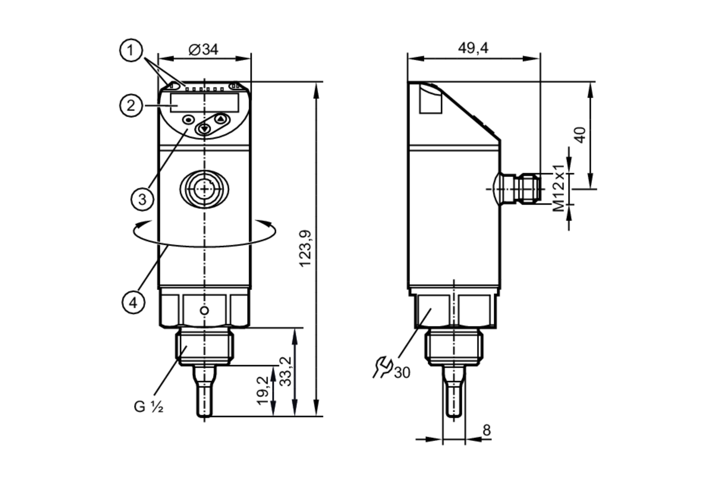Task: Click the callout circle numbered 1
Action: point(131,50)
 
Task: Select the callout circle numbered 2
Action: point(131,105)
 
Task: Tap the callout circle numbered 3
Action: point(142,199)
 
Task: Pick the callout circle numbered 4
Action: point(133,303)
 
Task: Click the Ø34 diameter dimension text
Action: point(203,49)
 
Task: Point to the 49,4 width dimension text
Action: point(473,48)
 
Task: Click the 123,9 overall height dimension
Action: point(305,248)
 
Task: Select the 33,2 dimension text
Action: point(286,371)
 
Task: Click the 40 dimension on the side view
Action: point(580,135)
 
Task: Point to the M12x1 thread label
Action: point(559,188)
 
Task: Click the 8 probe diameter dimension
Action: point(486,430)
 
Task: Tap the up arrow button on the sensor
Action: point(221,119)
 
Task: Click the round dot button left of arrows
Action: point(189,120)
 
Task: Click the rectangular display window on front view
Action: point(204,103)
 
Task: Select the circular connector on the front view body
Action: point(204,189)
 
